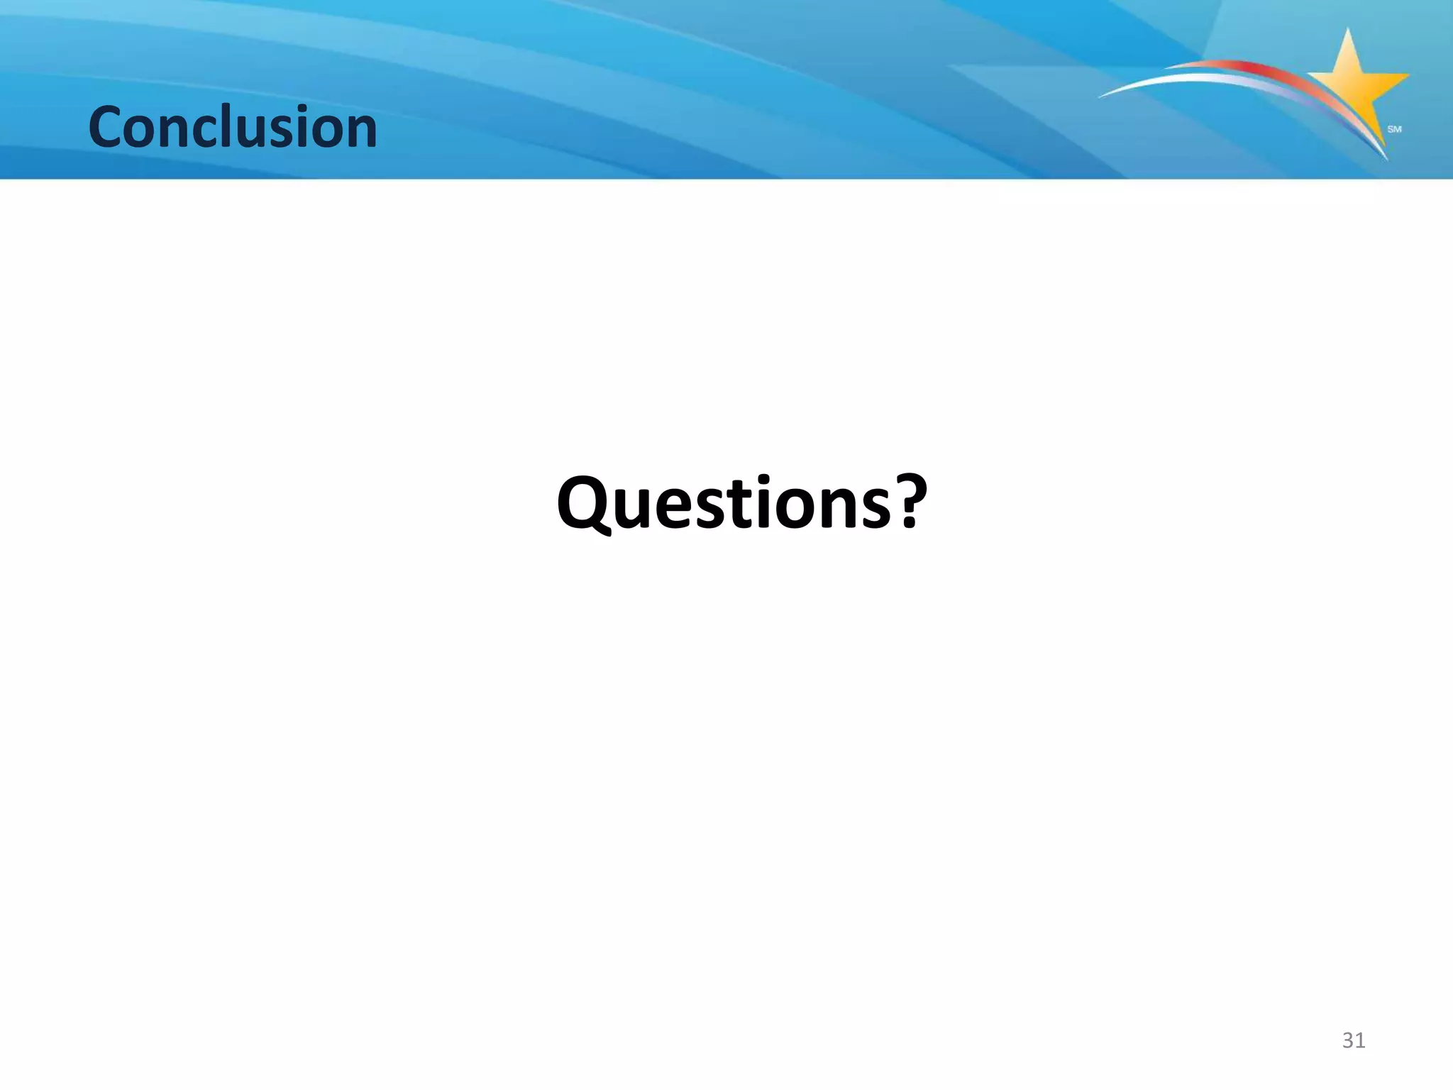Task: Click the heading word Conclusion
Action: (233, 128)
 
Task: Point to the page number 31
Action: (1354, 1040)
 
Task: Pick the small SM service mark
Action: (1394, 129)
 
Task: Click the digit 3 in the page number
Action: (1347, 1040)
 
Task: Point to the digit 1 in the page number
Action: (1361, 1040)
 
